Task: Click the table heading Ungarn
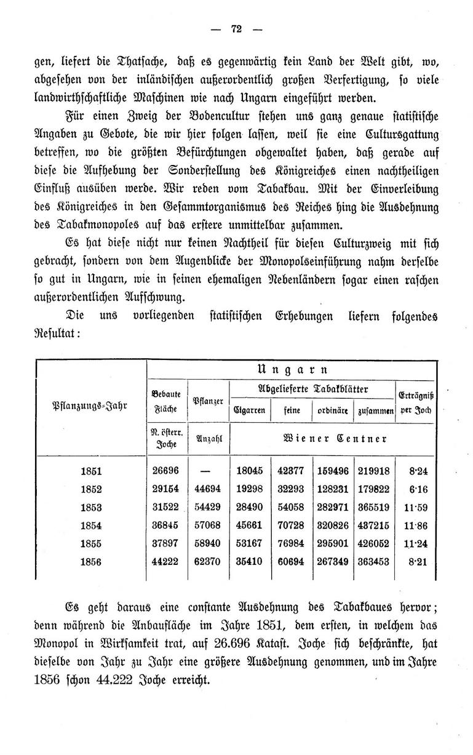[x=291, y=370]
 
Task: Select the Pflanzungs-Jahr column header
[x=90, y=405]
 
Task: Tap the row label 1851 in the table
[x=91, y=471]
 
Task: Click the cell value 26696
[x=165, y=471]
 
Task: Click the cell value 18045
[x=250, y=471]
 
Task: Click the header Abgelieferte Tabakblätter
[x=312, y=389]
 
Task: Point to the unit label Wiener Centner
[x=334, y=439]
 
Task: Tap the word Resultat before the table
[x=57, y=336]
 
